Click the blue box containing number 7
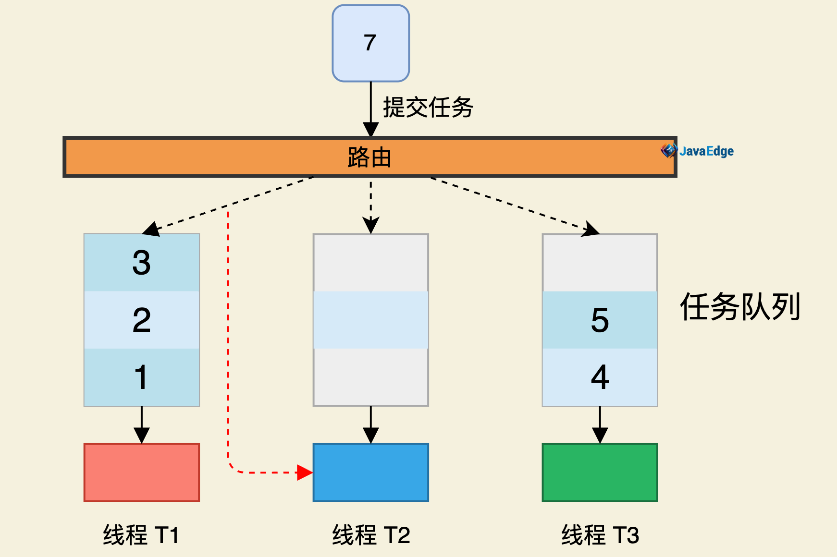[370, 43]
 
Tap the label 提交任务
[428, 107]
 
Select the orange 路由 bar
[369, 157]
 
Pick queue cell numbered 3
[141, 263]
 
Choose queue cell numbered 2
[141, 320]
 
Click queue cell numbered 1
[141, 377]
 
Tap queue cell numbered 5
[600, 320]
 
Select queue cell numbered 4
[600, 377]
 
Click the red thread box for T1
[141, 472]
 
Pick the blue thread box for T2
[370, 472]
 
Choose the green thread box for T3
[600, 472]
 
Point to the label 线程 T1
[141, 535]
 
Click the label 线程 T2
[370, 535]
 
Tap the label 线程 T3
[600, 535]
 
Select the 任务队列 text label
[740, 307]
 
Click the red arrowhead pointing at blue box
[304, 472]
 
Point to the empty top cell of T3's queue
[600, 263]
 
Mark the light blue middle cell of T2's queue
[370, 320]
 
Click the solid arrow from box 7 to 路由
[370, 108]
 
